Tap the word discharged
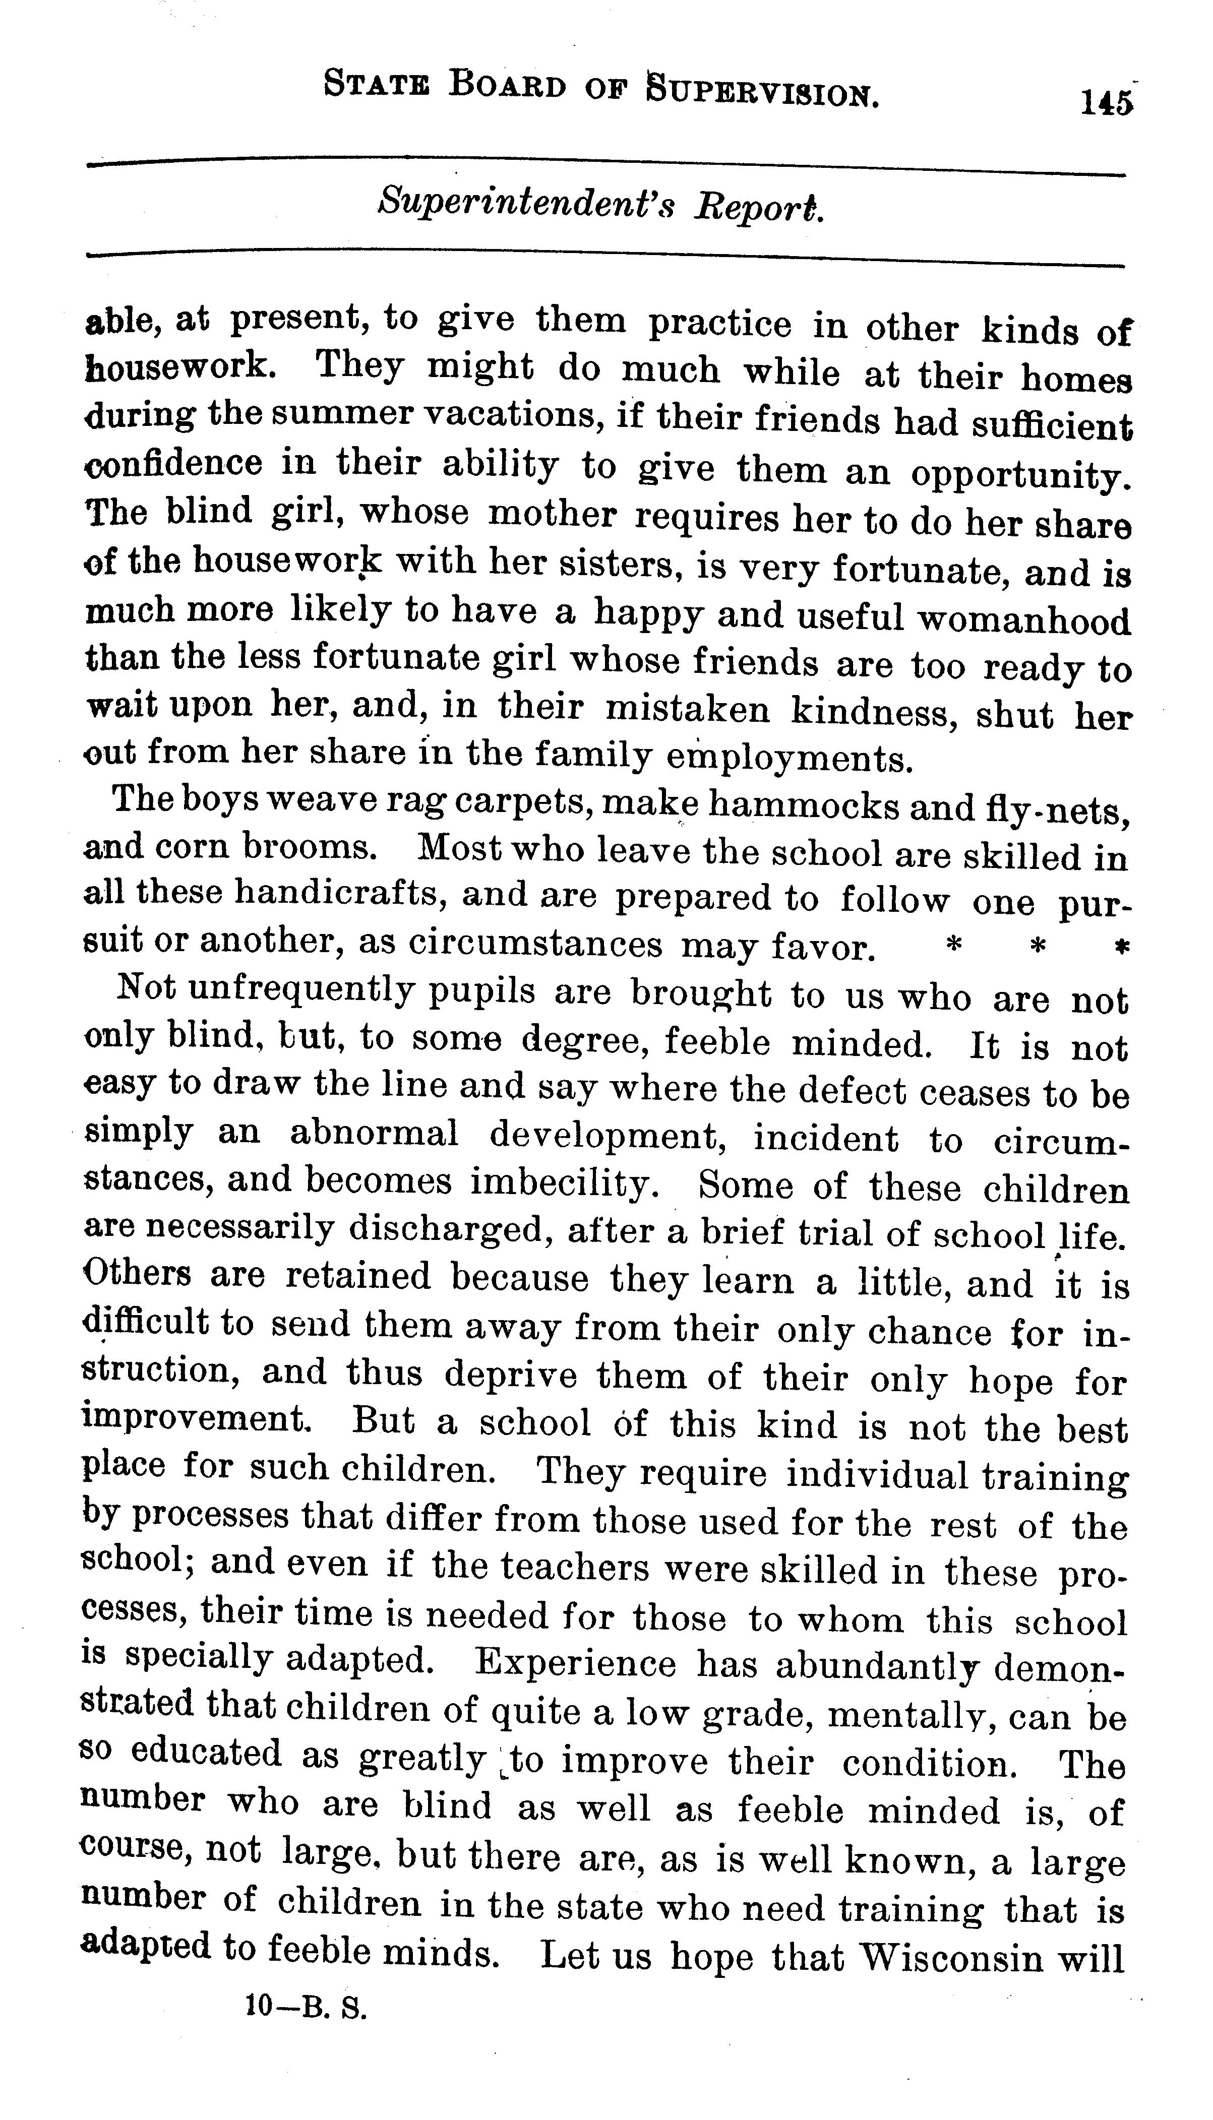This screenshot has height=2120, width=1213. [447, 1229]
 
